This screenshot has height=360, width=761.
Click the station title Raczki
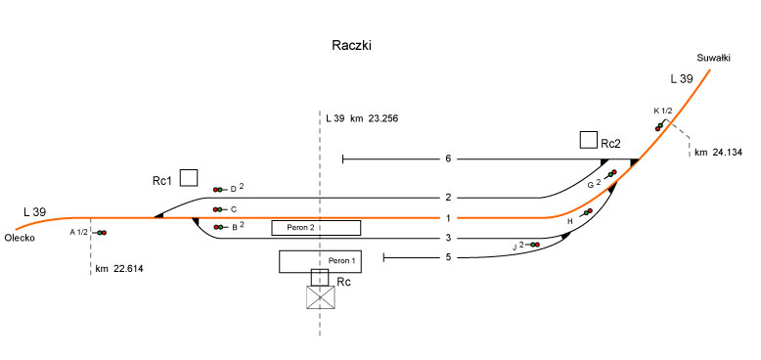click(x=351, y=46)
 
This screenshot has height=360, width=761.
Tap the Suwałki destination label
click(x=713, y=59)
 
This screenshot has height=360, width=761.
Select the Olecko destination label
click(x=20, y=238)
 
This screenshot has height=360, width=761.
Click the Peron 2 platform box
click(x=316, y=228)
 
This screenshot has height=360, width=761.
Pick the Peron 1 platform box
click(x=321, y=261)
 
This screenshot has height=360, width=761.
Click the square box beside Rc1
click(x=189, y=178)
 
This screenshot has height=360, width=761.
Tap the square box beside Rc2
click(x=589, y=140)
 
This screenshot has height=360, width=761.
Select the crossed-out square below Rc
click(x=321, y=296)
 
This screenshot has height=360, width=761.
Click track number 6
click(x=448, y=158)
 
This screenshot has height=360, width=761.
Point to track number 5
click(x=448, y=257)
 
